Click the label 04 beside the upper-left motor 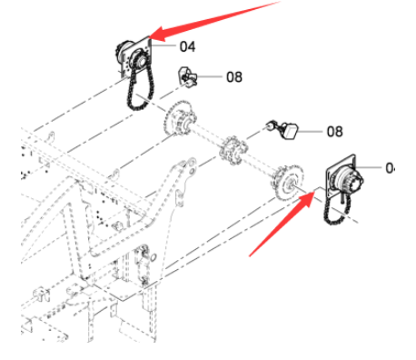click(x=187, y=46)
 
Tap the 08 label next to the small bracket click(x=234, y=77)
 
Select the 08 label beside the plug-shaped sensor click(x=334, y=132)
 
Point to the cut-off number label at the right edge click(x=391, y=168)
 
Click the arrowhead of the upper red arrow click(x=159, y=34)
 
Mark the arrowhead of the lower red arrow click(x=306, y=198)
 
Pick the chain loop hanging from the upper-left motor click(x=141, y=88)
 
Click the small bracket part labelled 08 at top click(x=188, y=77)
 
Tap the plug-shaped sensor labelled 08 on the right click(x=284, y=131)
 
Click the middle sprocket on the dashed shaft click(x=233, y=150)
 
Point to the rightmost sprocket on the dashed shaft click(x=287, y=183)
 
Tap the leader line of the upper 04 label click(x=163, y=45)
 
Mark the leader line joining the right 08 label click(x=310, y=132)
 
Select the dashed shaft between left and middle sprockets click(x=207, y=134)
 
